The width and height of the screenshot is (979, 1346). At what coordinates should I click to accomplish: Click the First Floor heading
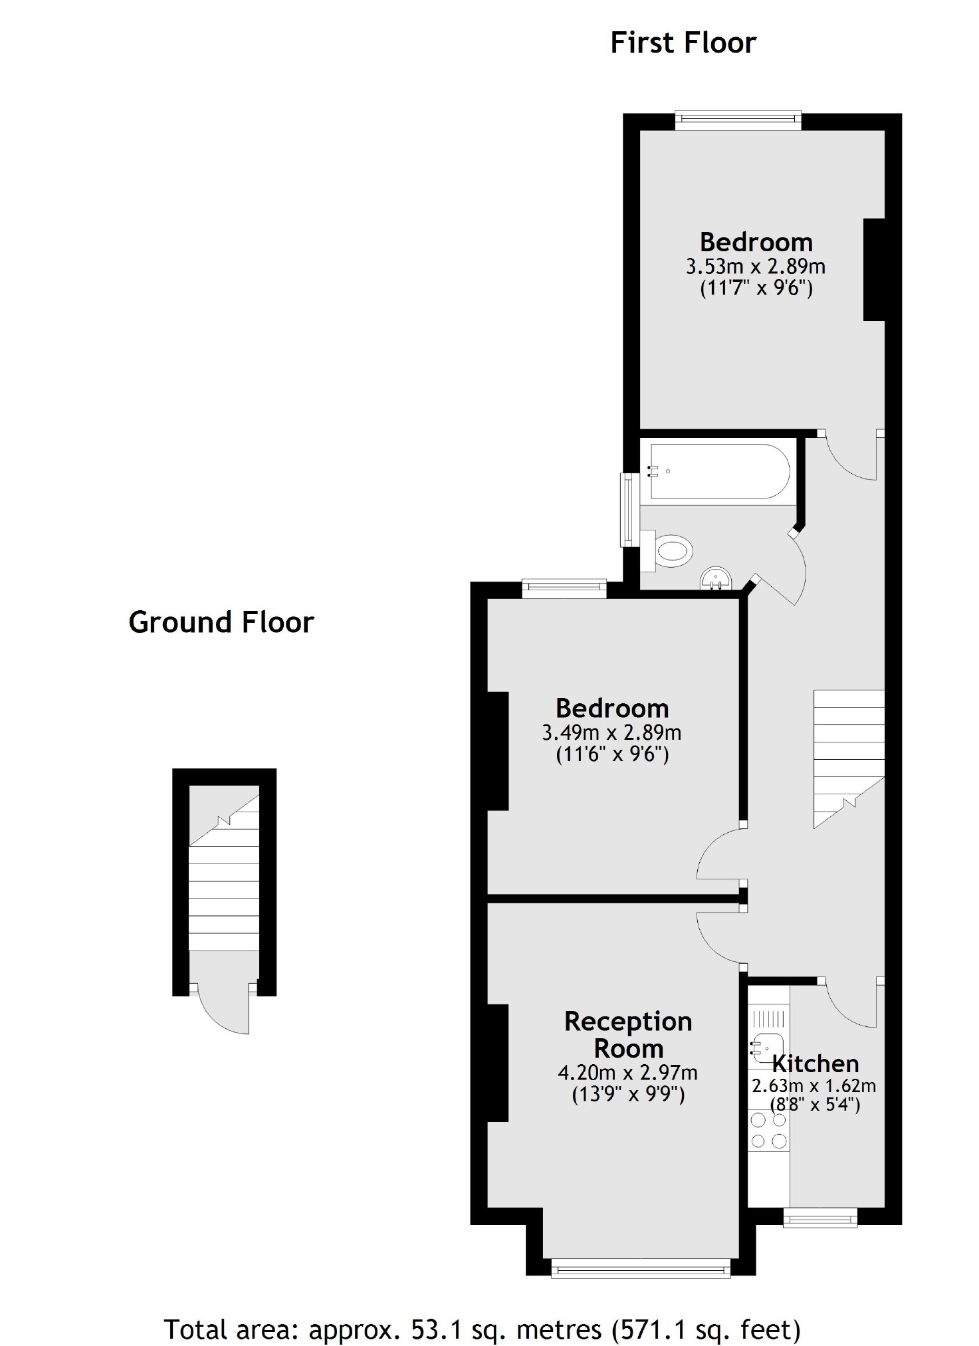(683, 43)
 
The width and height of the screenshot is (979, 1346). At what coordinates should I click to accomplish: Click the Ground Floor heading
(221, 623)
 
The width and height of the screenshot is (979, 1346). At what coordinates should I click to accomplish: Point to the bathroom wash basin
(716, 579)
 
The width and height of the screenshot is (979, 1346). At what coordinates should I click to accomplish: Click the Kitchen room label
(815, 1064)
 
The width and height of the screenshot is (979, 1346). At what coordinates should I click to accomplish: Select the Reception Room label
(628, 1034)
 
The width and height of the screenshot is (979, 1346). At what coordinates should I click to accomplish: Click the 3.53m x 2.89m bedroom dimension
(755, 267)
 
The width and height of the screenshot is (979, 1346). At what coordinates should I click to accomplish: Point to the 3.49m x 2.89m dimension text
(611, 733)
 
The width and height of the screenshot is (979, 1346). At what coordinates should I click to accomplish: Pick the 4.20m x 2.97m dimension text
(627, 1072)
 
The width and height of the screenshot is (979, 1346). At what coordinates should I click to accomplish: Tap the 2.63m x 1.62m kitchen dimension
(814, 1086)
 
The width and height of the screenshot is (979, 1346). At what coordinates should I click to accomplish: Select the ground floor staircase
(224, 884)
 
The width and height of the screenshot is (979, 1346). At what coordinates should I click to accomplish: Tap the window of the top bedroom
(738, 120)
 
